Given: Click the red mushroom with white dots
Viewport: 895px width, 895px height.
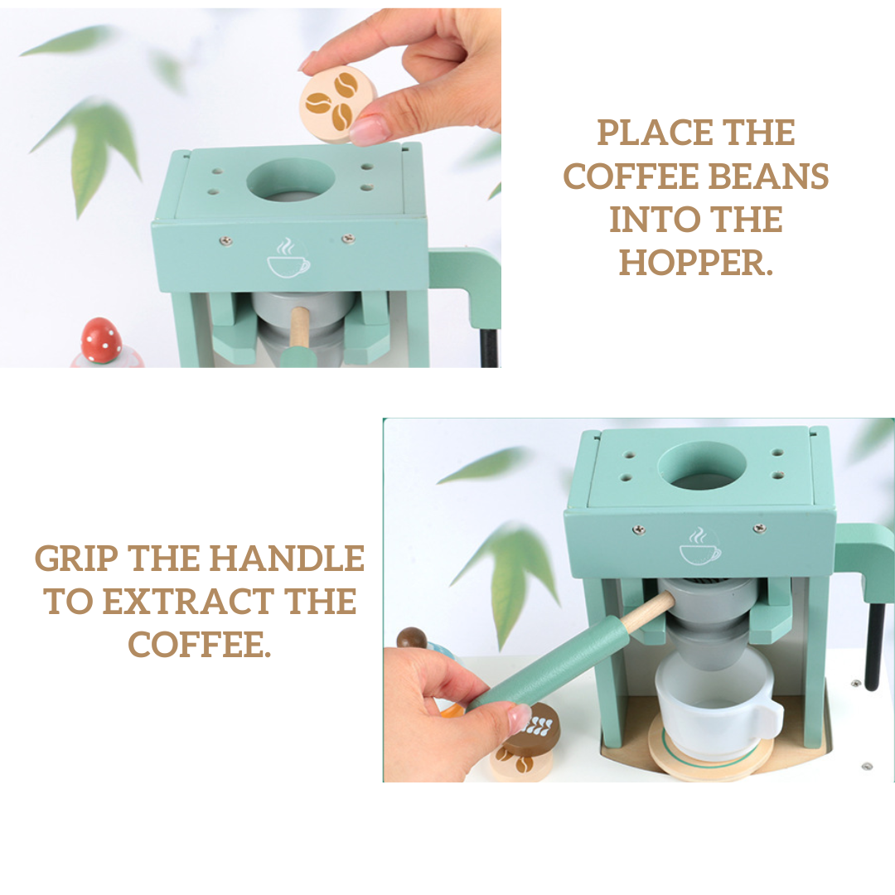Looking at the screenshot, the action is pos(101,341).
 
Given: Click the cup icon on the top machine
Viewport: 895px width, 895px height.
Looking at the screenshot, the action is pos(288,259).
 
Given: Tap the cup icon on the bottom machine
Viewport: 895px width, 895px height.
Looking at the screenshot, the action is pos(699,545).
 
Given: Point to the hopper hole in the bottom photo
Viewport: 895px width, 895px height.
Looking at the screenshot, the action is pos(702,467).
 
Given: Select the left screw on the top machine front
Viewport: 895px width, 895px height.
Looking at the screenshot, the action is pos(226,241).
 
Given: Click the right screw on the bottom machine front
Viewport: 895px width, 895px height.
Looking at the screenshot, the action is pos(760,528).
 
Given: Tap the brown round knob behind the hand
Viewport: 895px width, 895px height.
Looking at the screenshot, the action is pos(412,638).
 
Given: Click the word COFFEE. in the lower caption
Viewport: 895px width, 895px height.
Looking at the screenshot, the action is pos(199,645).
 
